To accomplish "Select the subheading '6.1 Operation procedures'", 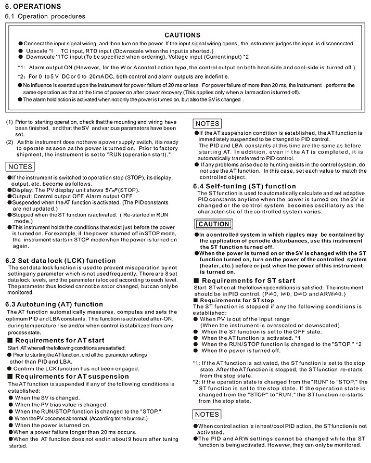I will point(45,16).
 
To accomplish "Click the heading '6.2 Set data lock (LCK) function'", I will point(60,260).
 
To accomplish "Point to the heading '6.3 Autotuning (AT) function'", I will point(55,304).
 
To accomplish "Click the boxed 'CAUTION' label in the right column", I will point(213,224).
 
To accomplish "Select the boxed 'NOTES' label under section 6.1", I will point(20,166).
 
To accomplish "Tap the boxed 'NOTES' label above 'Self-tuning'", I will point(207,124).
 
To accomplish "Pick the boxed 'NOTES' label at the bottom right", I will point(207,414).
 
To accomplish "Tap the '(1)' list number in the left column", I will point(9,122).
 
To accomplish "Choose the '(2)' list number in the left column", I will point(9,142).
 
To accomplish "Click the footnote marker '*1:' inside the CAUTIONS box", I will point(21,68).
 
